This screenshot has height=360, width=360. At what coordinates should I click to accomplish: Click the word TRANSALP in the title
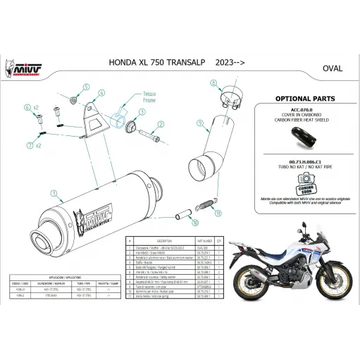(180, 63)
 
